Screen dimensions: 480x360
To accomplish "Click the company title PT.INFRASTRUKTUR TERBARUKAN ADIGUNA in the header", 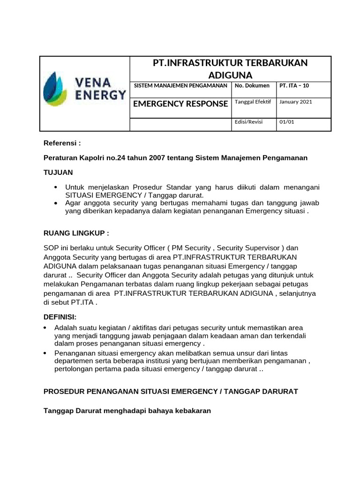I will point(230,69).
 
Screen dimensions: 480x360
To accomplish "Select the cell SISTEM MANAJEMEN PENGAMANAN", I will point(180,86).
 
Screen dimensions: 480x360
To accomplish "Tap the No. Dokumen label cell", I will point(252,86).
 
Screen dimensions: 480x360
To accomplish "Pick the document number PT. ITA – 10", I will point(294,86).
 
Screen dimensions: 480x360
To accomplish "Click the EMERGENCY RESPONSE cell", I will point(180,104).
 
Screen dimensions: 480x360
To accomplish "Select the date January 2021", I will point(296,102).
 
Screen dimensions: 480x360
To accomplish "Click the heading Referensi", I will point(62,143).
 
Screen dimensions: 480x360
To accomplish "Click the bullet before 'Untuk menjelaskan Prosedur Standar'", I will point(56,187).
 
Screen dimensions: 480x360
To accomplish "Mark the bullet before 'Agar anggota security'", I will point(56,203).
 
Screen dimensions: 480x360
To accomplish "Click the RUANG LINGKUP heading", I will point(76,233).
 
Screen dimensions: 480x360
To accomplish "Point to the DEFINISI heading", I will point(60,317).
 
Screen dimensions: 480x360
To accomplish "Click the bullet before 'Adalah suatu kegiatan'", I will point(45,327).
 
